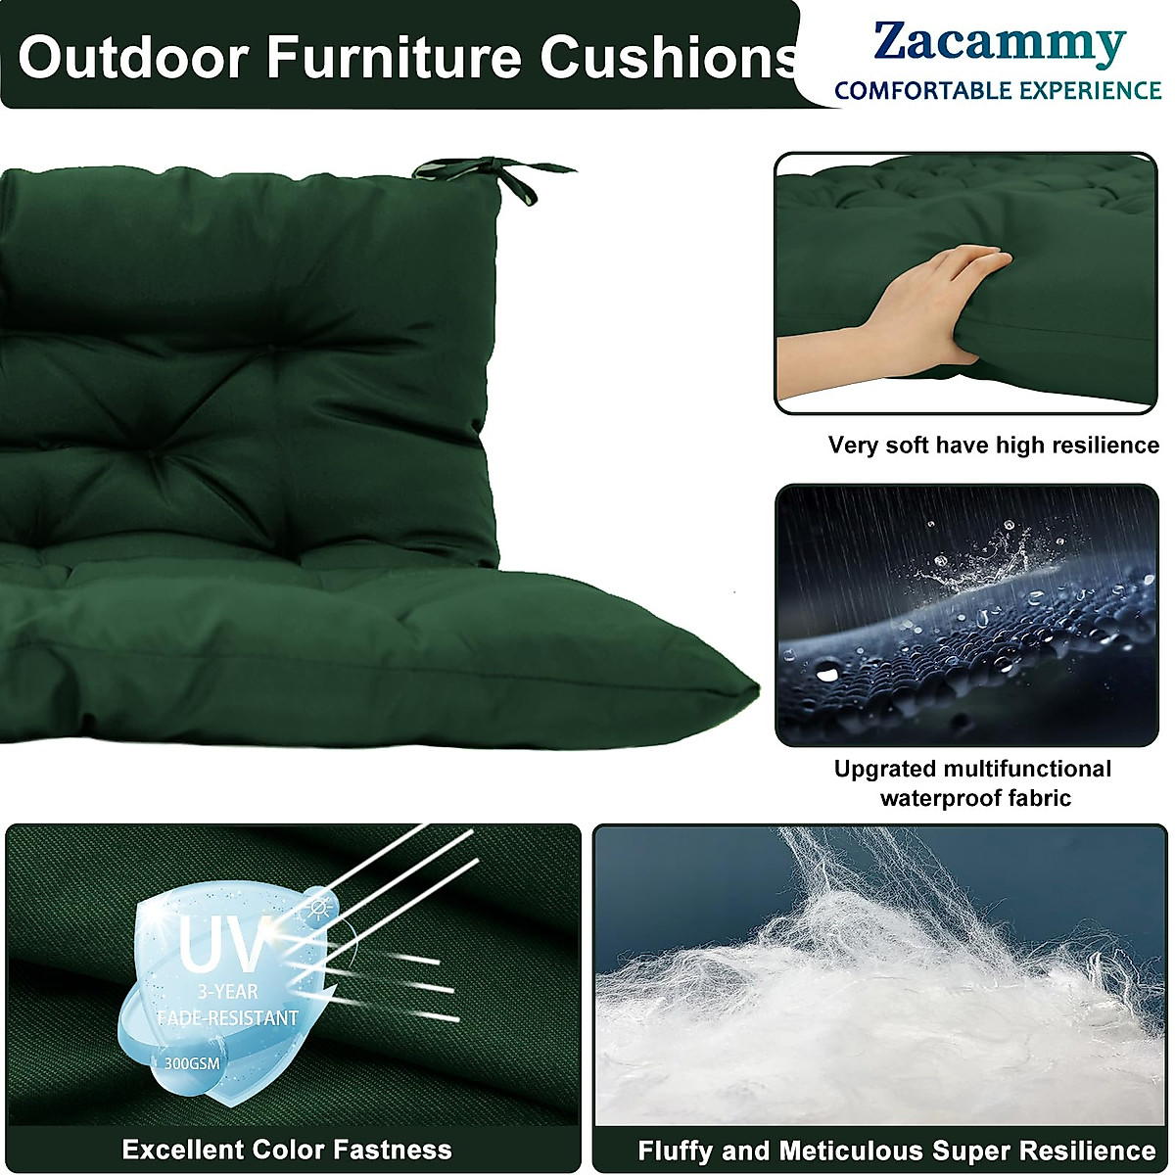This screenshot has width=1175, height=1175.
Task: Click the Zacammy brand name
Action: point(999,44)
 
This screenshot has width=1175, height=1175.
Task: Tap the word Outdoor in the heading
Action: point(132,57)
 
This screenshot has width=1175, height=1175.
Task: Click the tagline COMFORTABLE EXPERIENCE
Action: point(997,91)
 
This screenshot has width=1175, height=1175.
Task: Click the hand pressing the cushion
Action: point(930,304)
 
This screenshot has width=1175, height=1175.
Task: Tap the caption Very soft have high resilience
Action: point(993,446)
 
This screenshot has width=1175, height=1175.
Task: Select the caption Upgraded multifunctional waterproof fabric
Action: point(972,783)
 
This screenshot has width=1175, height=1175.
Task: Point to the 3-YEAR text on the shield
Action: point(226,992)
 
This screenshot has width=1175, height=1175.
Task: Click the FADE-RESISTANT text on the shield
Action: point(227,1018)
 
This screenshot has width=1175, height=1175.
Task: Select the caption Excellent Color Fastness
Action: point(287,1150)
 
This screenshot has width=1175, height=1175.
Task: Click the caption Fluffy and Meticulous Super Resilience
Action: point(896,1151)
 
